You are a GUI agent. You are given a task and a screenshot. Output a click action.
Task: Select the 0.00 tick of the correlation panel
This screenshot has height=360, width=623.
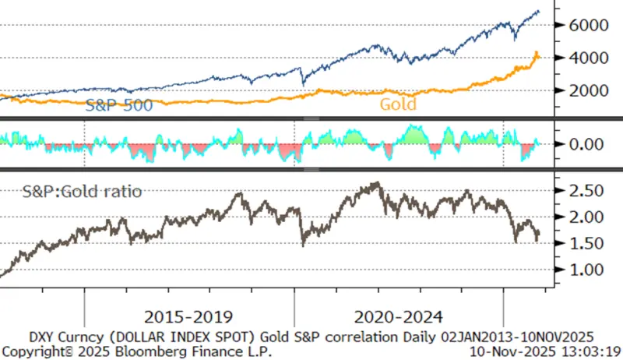coord(588,144)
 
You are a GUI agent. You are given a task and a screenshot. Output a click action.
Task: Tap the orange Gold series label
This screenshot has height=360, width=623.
coord(397,104)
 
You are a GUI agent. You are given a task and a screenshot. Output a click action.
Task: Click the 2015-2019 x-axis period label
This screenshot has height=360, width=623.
coord(188,317)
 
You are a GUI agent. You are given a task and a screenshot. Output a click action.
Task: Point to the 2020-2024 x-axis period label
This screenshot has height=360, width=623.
coord(398,317)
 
